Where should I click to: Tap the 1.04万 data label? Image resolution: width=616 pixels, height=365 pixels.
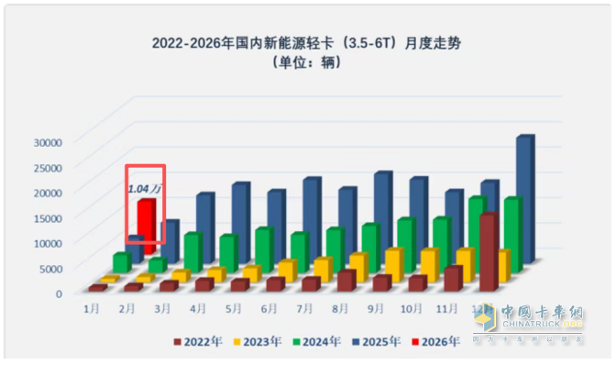coord(143,188)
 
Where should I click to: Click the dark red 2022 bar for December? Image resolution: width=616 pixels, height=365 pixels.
coord(489,252)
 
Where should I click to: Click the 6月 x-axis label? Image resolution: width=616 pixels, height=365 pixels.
coord(271,309)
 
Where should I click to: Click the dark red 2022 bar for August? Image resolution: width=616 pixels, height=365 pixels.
coord(346,280)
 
